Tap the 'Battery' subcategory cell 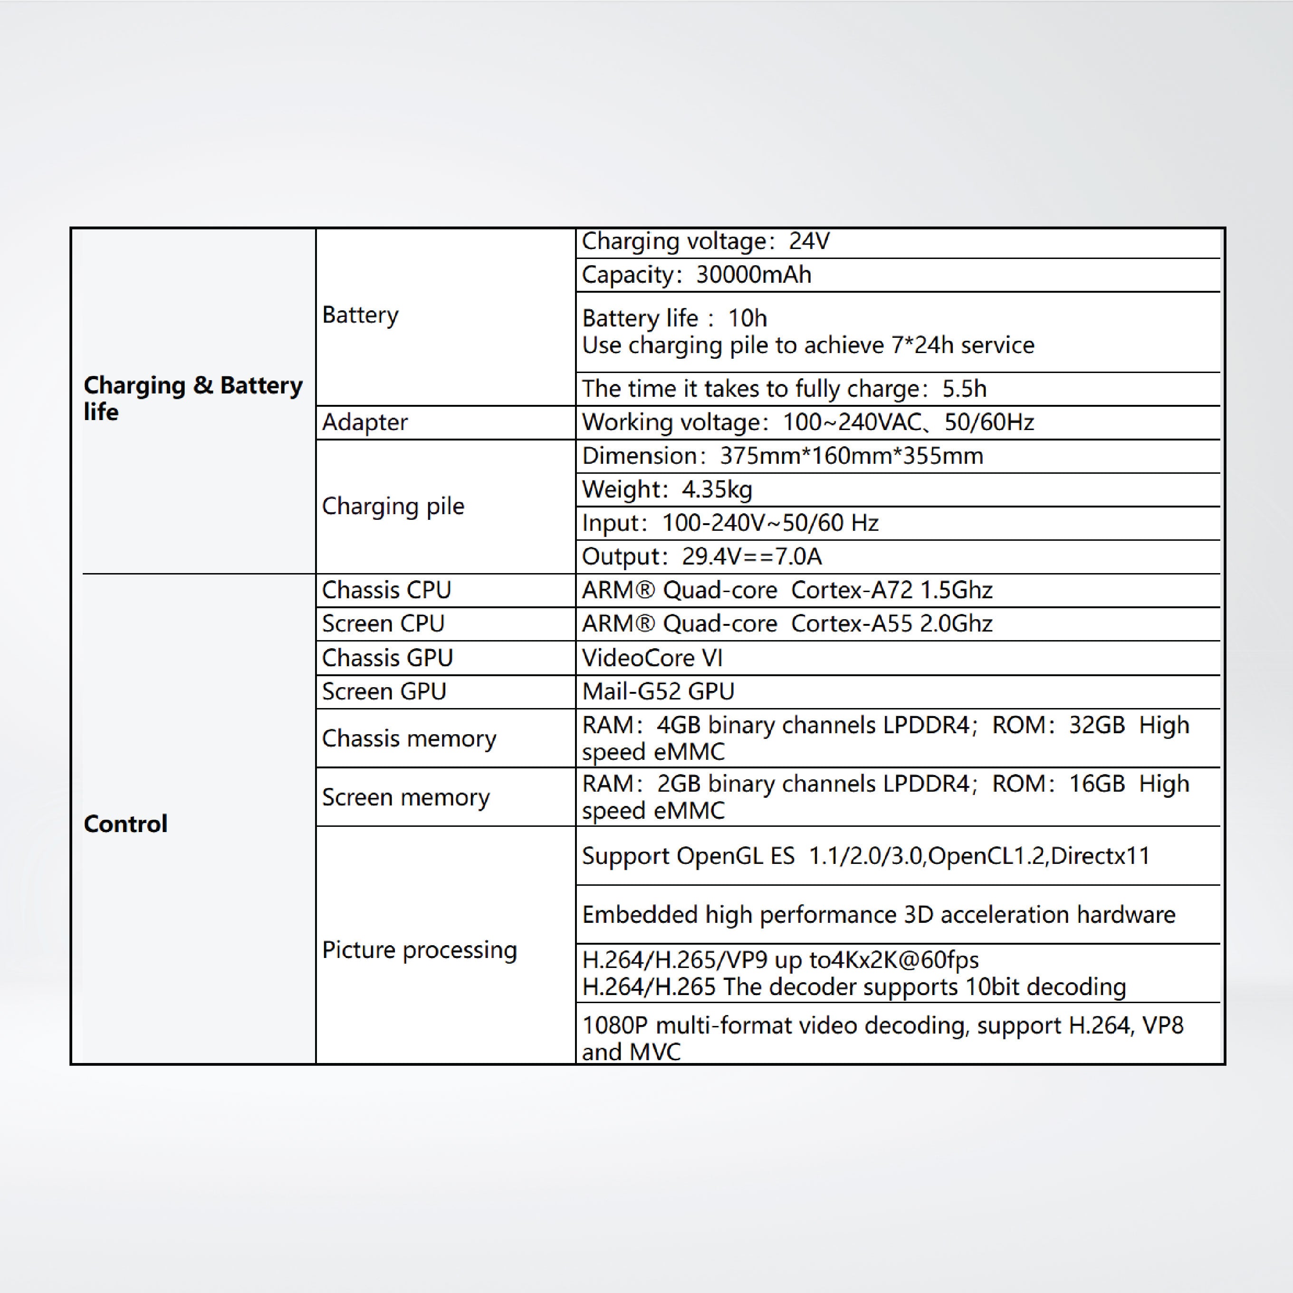(360, 315)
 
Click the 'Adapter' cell (365, 422)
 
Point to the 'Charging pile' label (393, 506)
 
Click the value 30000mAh (754, 274)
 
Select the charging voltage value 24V (809, 241)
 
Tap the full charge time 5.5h (964, 388)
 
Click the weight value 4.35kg (717, 489)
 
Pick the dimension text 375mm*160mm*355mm (851, 456)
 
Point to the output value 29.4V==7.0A (752, 556)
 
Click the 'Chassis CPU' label (387, 590)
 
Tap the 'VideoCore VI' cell (652, 658)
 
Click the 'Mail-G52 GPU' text (658, 691)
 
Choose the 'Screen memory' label (405, 797)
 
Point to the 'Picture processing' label (420, 949)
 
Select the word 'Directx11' (1100, 855)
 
